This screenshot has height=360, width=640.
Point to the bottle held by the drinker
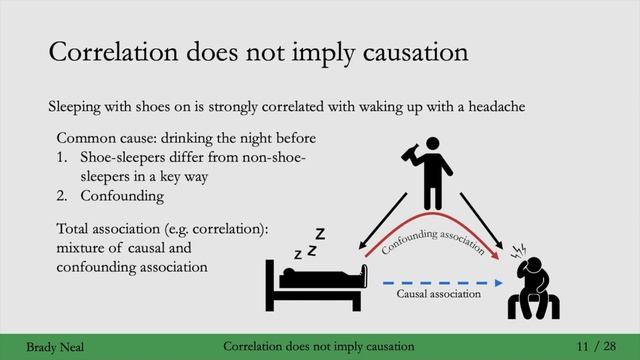click(411, 154)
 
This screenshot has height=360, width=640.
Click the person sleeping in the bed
click(320, 276)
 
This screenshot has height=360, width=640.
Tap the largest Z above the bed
click(320, 234)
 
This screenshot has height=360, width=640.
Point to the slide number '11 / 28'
click(597, 346)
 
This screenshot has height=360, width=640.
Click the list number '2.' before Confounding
click(63, 197)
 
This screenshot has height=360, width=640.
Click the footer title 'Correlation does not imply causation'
click(319, 346)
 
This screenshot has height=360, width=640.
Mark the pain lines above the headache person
click(518, 249)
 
